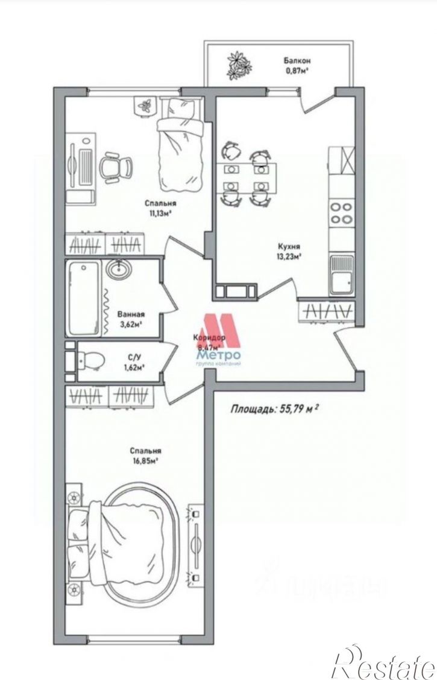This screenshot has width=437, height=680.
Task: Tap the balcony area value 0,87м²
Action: pos(297,71)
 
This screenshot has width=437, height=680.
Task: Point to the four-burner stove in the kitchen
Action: pos(341,211)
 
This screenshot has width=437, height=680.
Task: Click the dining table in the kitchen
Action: pos(247,177)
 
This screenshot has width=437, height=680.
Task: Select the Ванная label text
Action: pos(131,314)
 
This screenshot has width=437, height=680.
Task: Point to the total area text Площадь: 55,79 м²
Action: pos(274,408)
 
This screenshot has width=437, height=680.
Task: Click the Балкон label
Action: pos(298,61)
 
